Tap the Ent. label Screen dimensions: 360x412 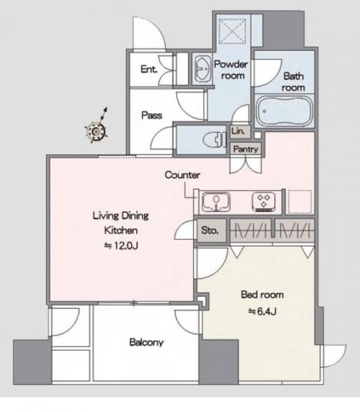coord(149,69)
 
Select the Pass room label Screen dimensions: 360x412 coord(151,115)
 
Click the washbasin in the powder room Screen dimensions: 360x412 coord(202,68)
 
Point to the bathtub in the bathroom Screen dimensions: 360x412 coord(284,111)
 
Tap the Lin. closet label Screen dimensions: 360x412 coord(238,131)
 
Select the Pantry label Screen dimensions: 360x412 coord(245,149)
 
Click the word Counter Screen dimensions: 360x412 coord(182,174)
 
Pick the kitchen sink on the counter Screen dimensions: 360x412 coord(216,202)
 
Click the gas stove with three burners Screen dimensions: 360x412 coord(264,202)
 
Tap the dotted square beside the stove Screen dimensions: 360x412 coord(300,202)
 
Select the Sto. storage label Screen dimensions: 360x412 coord(210,230)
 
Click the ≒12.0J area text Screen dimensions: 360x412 coord(121,246)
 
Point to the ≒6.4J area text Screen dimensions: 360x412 coord(262,311)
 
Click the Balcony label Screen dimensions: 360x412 coord(146,342)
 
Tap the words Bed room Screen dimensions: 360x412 coord(262,295)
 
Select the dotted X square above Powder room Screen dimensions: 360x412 coord(232,32)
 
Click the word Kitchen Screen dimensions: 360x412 coord(121,231)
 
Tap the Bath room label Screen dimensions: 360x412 coord(293,82)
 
